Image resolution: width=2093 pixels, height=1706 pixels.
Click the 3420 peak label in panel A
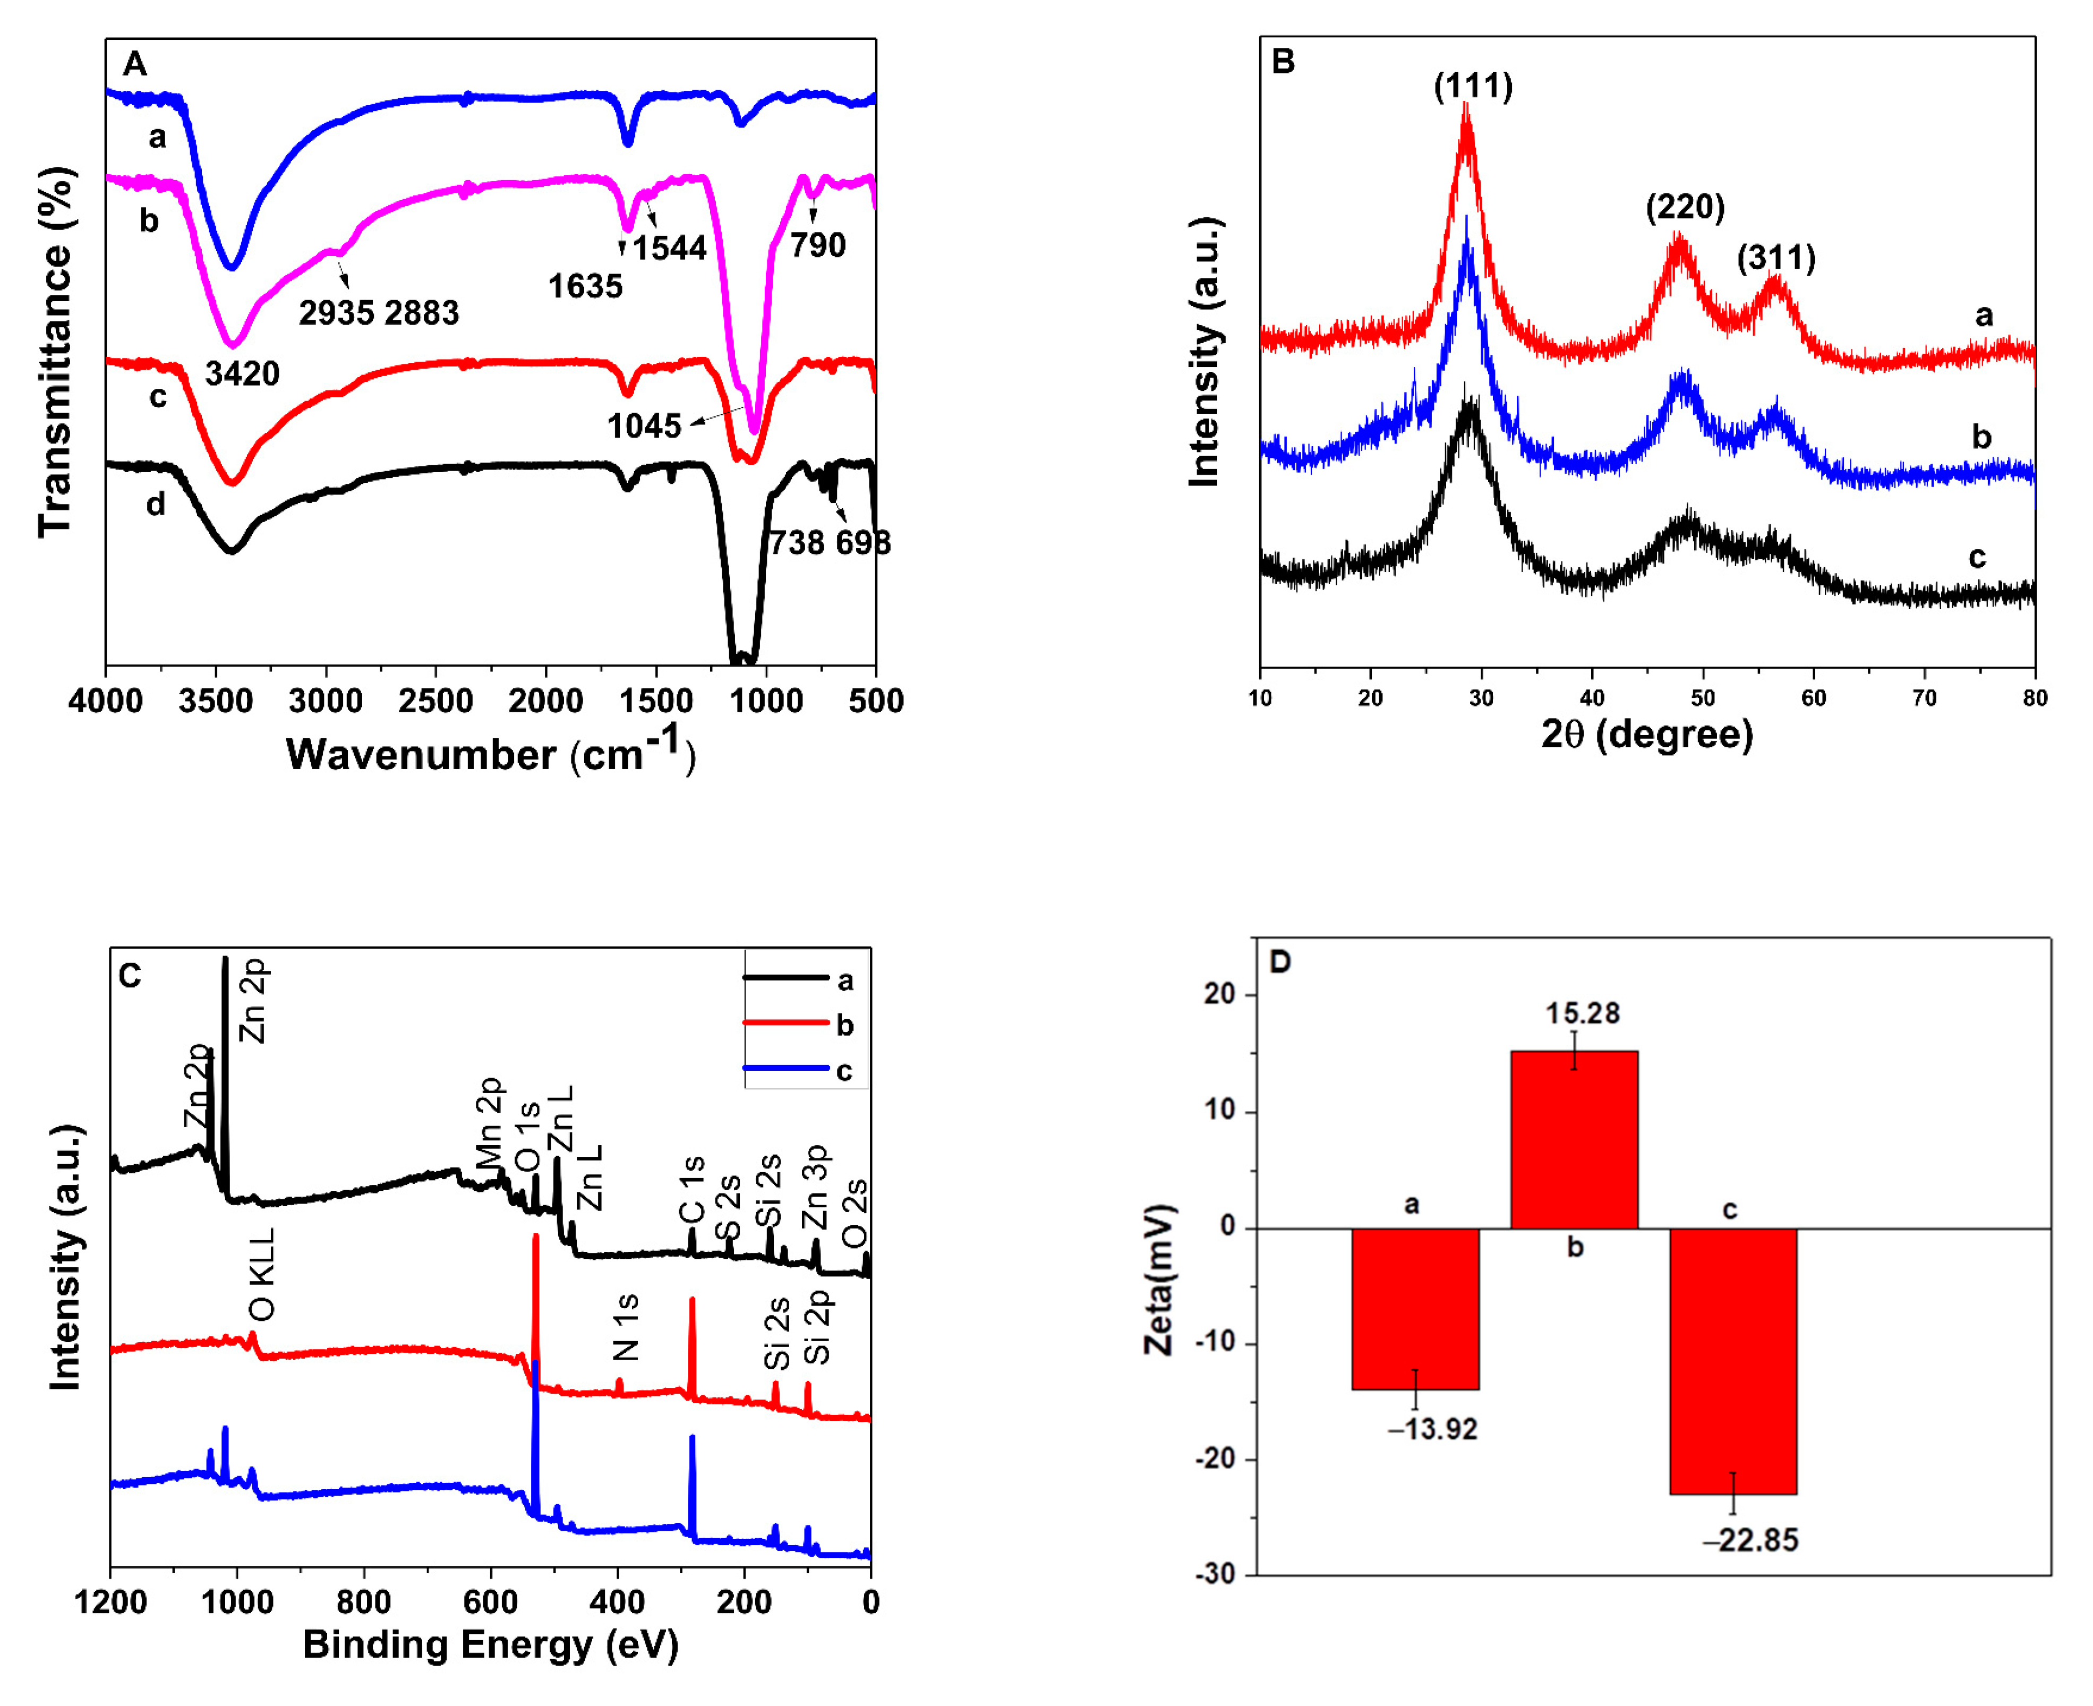point(242,373)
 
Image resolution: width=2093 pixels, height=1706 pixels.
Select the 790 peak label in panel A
point(817,245)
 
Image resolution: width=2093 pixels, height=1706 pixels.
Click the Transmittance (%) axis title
point(56,352)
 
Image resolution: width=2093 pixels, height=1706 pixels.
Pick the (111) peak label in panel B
point(1473,87)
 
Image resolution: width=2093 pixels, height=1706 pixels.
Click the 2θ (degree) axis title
point(1647,734)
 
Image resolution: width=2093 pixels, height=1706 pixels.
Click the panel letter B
point(1283,62)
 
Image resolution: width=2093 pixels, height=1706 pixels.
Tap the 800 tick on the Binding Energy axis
point(364,1603)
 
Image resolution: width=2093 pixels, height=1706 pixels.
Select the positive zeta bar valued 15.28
point(1573,1140)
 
